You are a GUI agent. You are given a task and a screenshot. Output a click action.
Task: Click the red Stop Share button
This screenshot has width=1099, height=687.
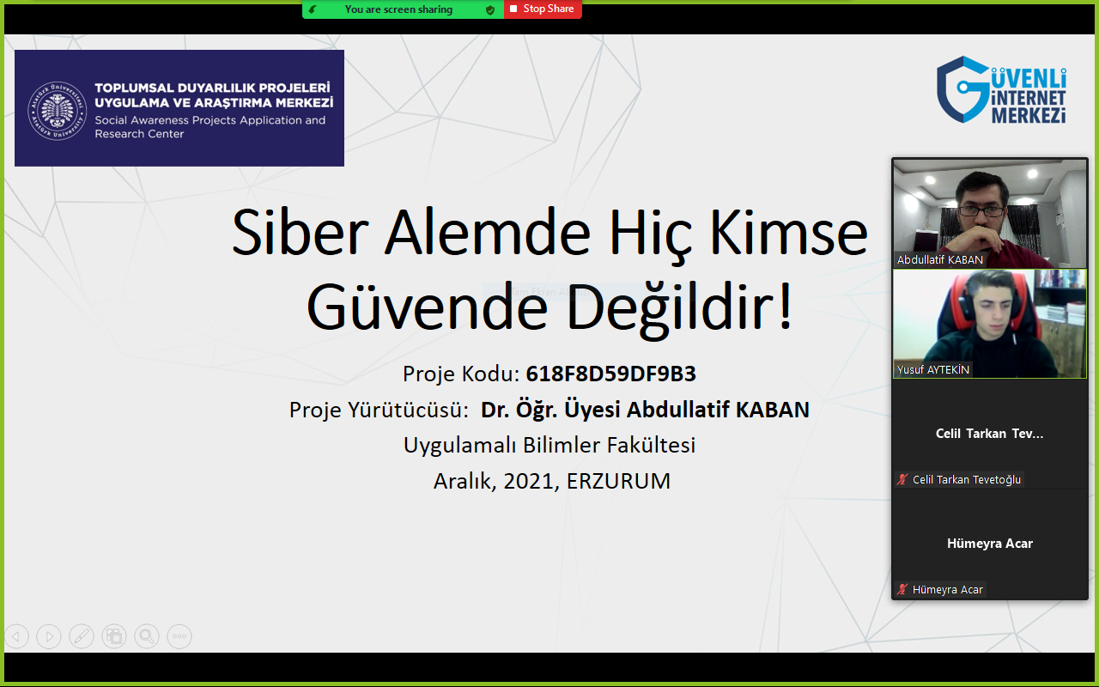pyautogui.click(x=543, y=9)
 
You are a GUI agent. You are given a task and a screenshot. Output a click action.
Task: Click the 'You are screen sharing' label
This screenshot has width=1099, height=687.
pyautogui.click(x=398, y=9)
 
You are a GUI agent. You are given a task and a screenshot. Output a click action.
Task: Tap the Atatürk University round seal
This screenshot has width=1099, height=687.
pyautogui.click(x=57, y=111)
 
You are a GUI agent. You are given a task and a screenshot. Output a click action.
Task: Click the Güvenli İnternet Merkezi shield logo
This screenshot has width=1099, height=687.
pyautogui.click(x=962, y=89)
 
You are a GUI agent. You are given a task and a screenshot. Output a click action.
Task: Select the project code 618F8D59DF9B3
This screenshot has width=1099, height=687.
pyautogui.click(x=610, y=374)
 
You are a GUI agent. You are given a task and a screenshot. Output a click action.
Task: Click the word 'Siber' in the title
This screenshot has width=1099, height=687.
pyautogui.click(x=300, y=232)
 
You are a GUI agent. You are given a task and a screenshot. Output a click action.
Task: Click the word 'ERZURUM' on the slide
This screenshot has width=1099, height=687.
pyautogui.click(x=618, y=482)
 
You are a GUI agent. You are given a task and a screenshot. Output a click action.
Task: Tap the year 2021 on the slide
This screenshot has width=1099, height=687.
pyautogui.click(x=531, y=482)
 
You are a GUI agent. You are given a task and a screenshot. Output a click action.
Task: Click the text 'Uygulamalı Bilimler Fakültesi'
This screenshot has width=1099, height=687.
pyautogui.click(x=549, y=446)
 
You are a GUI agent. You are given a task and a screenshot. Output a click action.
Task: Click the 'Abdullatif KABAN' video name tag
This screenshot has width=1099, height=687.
pyautogui.click(x=939, y=259)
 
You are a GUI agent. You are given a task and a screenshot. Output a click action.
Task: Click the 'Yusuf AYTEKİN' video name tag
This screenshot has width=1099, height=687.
pyautogui.click(x=932, y=369)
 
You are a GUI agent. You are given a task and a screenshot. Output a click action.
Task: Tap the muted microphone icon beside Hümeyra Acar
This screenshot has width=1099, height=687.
pyautogui.click(x=902, y=589)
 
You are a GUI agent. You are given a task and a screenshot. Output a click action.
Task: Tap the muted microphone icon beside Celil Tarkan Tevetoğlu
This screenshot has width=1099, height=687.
pyautogui.click(x=902, y=479)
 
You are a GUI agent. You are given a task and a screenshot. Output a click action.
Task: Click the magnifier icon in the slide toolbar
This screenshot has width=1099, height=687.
pyautogui.click(x=147, y=636)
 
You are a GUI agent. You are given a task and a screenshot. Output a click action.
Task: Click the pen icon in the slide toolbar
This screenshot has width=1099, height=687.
pyautogui.click(x=82, y=636)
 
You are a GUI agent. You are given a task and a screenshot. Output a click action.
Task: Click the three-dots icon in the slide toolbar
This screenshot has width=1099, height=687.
pyautogui.click(x=179, y=636)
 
